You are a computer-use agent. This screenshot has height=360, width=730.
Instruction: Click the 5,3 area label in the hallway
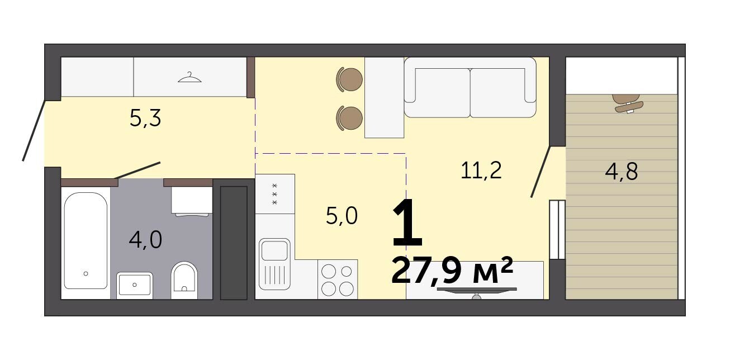tap(145, 118)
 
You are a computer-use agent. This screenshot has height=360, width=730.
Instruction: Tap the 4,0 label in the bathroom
tap(145, 240)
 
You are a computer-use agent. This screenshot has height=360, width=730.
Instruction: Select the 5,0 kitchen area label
tap(342, 216)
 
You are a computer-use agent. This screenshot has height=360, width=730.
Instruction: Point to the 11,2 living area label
tap(481, 170)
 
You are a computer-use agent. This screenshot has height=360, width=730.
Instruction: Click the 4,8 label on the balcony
tap(621, 172)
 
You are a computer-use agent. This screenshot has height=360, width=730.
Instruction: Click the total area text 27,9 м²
tap(452, 270)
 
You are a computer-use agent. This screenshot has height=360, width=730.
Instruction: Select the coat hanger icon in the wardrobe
tap(189, 78)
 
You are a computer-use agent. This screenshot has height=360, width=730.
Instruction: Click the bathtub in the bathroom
tap(86, 240)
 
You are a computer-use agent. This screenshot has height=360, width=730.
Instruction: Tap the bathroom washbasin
tap(135, 285)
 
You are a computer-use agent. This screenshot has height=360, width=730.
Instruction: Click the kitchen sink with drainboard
tap(274, 264)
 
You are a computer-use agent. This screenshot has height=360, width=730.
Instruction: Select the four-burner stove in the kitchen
tap(338, 279)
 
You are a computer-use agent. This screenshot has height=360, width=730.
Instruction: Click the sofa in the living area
tap(470, 87)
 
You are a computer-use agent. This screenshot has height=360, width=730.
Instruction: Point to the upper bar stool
tap(349, 79)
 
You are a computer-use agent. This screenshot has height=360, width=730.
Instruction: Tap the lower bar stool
tap(349, 117)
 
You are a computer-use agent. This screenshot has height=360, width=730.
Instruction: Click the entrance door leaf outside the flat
tap(34, 130)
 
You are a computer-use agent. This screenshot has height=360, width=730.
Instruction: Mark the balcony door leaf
tap(541, 172)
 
